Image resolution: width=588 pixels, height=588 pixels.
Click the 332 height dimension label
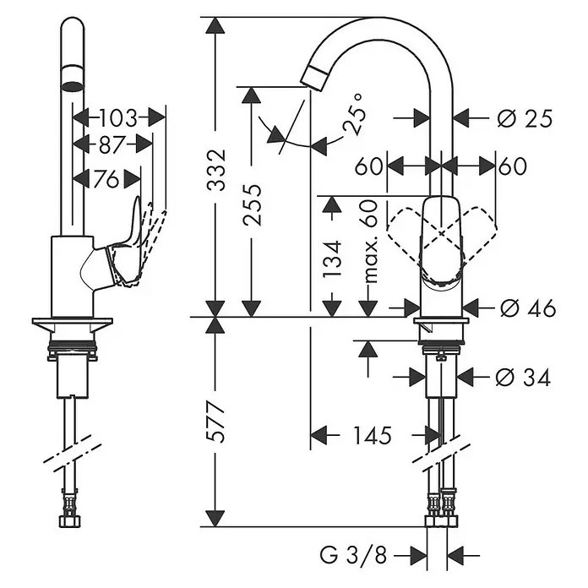pyautogui.click(x=216, y=170)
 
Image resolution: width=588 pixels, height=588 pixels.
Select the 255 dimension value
pyautogui.click(x=252, y=204)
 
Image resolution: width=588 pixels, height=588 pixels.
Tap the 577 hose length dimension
pyautogui.click(x=216, y=422)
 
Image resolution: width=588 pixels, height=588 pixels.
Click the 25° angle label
pyautogui.click(x=354, y=113)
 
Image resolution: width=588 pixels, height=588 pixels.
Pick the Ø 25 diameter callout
pyautogui.click(x=525, y=119)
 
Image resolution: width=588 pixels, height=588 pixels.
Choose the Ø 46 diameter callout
pyautogui.click(x=528, y=308)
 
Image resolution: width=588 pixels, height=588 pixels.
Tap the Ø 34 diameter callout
pyautogui.click(x=523, y=378)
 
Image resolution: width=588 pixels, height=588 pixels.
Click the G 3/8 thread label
pyautogui.click(x=353, y=554)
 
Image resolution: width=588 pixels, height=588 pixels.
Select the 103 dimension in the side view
pyautogui.click(x=119, y=117)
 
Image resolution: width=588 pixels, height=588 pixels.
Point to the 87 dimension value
pyautogui.click(x=112, y=144)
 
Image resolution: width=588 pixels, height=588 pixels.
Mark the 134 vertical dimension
pyautogui.click(x=332, y=259)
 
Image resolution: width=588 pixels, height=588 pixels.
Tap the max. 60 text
pyautogui.click(x=368, y=242)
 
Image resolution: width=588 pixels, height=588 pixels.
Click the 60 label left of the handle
pyautogui.click(x=368, y=166)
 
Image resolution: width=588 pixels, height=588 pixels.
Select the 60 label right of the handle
pyautogui.click(x=513, y=166)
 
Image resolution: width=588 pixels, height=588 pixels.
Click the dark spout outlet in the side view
pyautogui.click(x=72, y=87)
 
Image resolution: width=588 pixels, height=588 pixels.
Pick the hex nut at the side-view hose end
pyautogui.click(x=71, y=521)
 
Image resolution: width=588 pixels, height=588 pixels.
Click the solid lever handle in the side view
pyautogui.click(x=127, y=248)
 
